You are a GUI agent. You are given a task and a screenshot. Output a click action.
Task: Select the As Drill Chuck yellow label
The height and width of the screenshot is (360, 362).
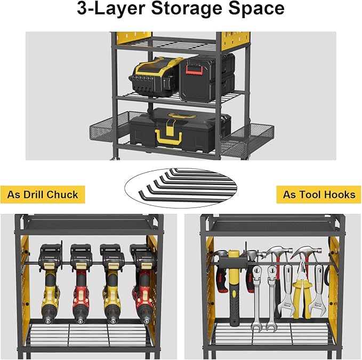tap(43, 195)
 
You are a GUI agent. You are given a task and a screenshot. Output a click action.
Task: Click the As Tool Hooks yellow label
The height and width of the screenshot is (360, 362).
tap(319, 195)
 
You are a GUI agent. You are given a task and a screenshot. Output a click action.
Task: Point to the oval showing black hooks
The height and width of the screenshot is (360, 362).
tap(180, 185)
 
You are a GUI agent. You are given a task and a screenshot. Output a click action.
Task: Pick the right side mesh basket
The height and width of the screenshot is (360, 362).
tap(250, 137)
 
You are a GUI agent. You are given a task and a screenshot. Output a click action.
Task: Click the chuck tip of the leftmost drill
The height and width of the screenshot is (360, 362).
tap(51, 320)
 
